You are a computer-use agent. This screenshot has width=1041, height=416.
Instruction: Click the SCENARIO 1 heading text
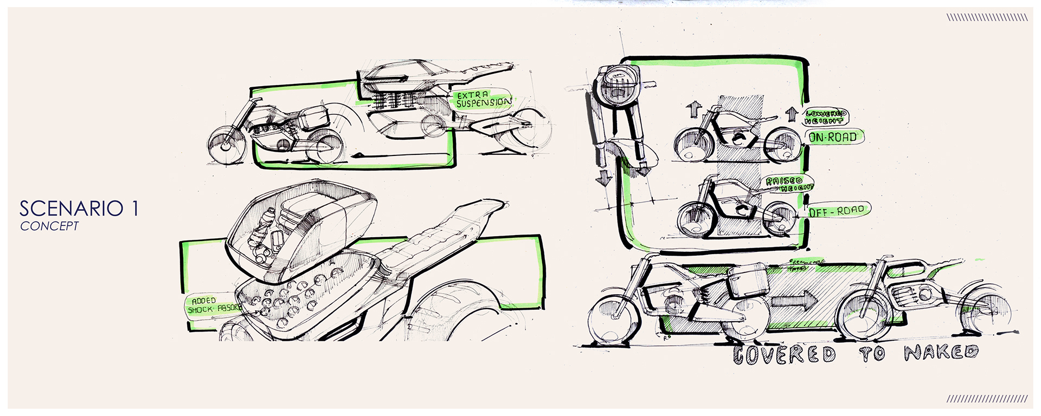pos(79,209)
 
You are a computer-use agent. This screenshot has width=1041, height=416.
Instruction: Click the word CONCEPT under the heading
pos(49,226)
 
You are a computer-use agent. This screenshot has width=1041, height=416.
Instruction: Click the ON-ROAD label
pos(833,137)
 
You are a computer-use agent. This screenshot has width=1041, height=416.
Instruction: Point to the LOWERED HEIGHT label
pos(825,117)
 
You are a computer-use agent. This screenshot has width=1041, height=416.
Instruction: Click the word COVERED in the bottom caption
pos(784,354)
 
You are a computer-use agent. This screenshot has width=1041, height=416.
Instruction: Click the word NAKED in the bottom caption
pos(941,353)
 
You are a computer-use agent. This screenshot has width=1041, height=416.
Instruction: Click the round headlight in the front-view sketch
pos(616,88)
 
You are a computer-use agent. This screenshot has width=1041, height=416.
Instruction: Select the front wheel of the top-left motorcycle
pos(227,143)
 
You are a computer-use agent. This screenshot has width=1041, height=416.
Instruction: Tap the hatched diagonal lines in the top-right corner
pos(987,18)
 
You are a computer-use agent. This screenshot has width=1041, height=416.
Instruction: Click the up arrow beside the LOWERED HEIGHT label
pos(791,114)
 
